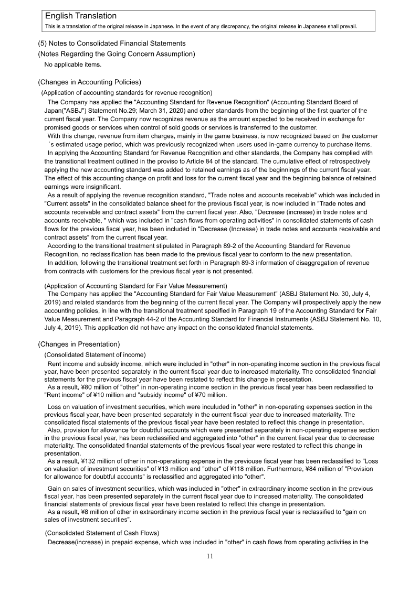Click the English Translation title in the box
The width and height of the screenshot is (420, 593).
click(x=81, y=16)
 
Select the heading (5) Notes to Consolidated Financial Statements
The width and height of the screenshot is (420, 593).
click(x=111, y=43)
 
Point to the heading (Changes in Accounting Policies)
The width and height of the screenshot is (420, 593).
click(x=89, y=82)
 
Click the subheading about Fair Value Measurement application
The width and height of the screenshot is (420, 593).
click(x=135, y=286)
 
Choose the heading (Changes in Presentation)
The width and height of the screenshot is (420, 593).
click(x=79, y=344)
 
